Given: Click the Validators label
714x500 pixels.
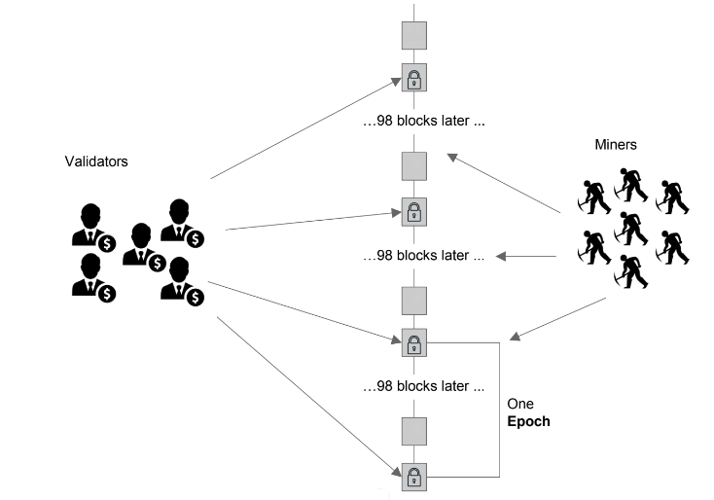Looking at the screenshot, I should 96,161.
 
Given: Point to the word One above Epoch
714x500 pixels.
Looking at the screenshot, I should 522,404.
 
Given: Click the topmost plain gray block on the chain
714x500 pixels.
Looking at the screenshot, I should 414,35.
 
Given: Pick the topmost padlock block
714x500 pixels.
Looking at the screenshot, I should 414,78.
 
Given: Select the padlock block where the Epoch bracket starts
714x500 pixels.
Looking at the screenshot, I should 414,342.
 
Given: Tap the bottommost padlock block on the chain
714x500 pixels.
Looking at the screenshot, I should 414,477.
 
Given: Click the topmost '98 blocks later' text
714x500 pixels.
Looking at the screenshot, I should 423,124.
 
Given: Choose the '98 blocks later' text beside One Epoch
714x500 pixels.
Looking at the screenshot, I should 423,387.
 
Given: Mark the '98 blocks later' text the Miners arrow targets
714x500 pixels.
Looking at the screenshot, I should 423,257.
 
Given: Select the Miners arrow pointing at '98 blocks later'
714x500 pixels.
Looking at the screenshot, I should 525,257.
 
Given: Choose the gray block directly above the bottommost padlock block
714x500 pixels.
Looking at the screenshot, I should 414,429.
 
